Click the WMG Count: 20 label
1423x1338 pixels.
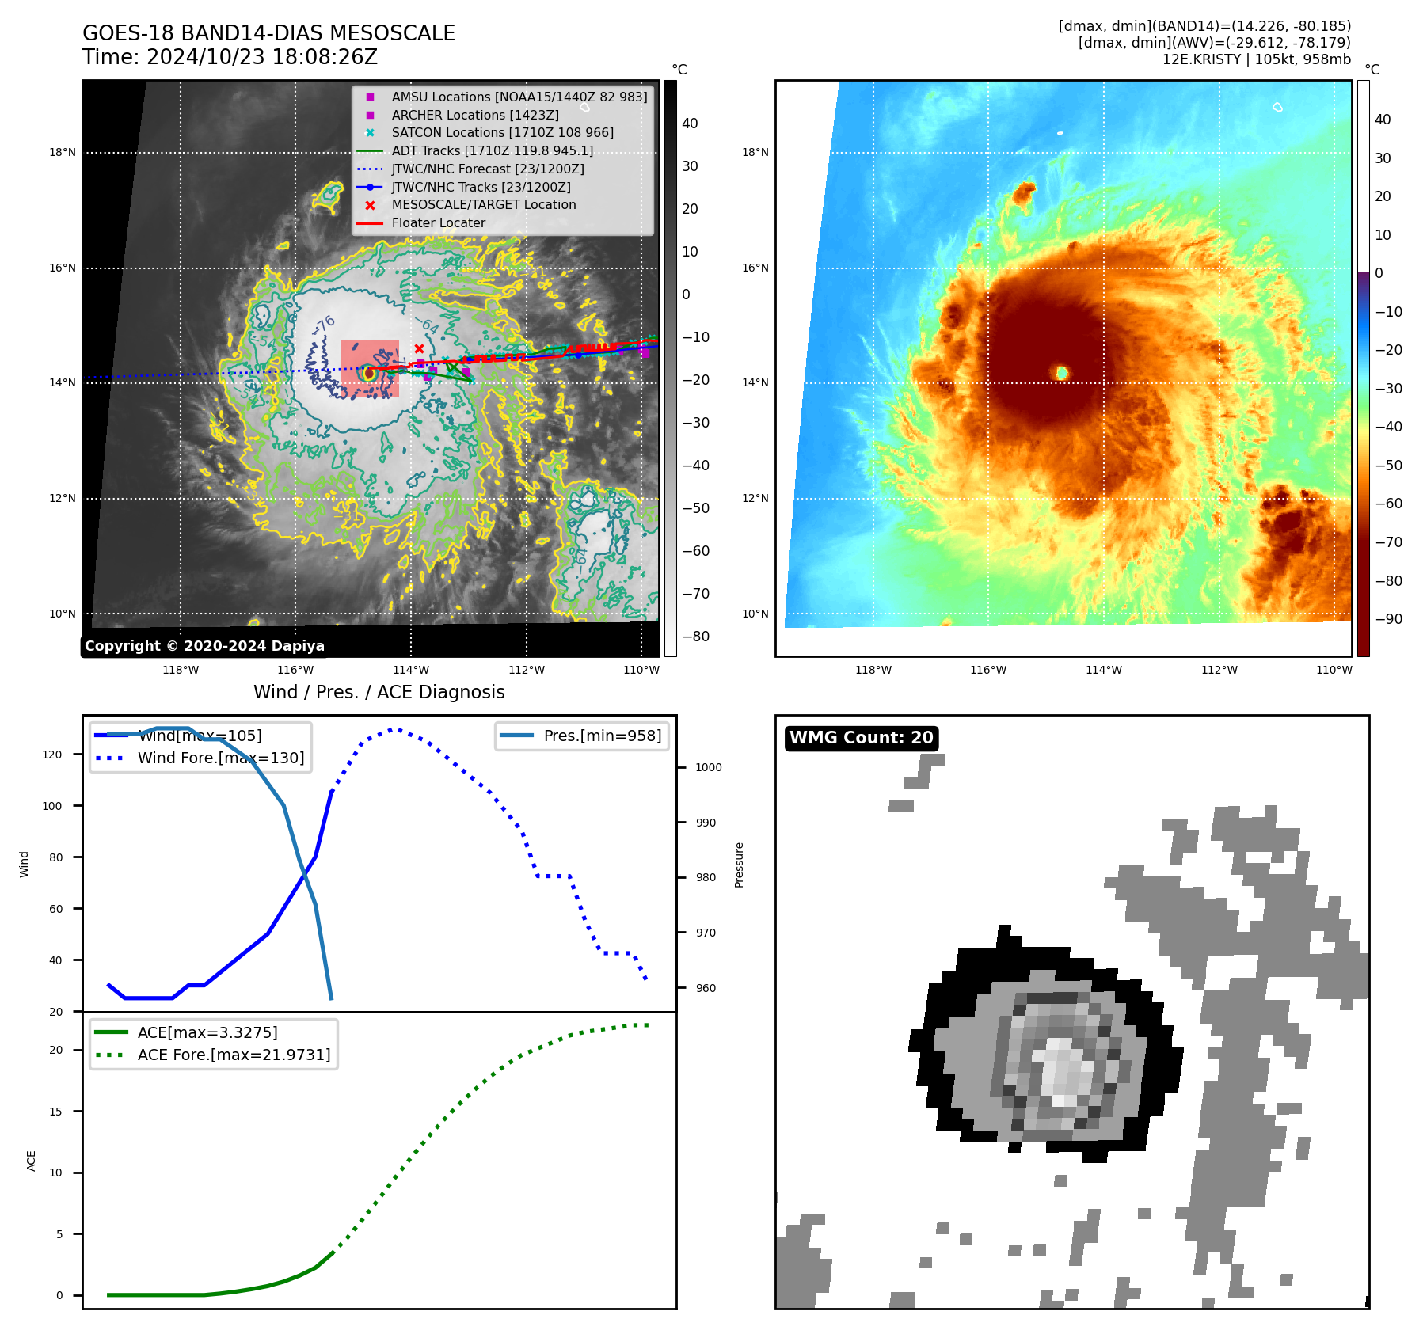tap(861, 738)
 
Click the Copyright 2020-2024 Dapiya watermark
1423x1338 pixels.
tap(204, 646)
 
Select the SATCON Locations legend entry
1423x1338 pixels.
tap(502, 133)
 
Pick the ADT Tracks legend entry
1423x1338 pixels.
tap(492, 150)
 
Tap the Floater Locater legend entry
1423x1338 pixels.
tap(438, 223)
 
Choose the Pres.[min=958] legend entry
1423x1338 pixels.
tap(602, 736)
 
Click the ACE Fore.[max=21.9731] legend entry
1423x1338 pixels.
tap(234, 1055)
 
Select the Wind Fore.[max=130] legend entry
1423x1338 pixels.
tap(220, 758)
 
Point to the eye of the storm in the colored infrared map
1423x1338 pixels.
tap(1062, 372)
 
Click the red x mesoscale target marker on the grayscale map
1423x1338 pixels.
tap(419, 348)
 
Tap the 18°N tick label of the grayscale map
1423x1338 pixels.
tap(63, 153)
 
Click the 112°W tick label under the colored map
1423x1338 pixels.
tap(1219, 670)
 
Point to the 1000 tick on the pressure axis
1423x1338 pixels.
tap(708, 767)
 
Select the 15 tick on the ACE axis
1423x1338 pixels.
tap(56, 1112)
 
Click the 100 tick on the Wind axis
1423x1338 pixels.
tap(52, 806)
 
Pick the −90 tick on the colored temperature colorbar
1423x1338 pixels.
tap(1388, 619)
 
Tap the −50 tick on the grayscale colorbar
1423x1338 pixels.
tap(695, 508)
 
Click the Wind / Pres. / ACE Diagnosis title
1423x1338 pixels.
tap(379, 692)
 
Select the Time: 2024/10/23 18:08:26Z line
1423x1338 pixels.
tap(230, 57)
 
